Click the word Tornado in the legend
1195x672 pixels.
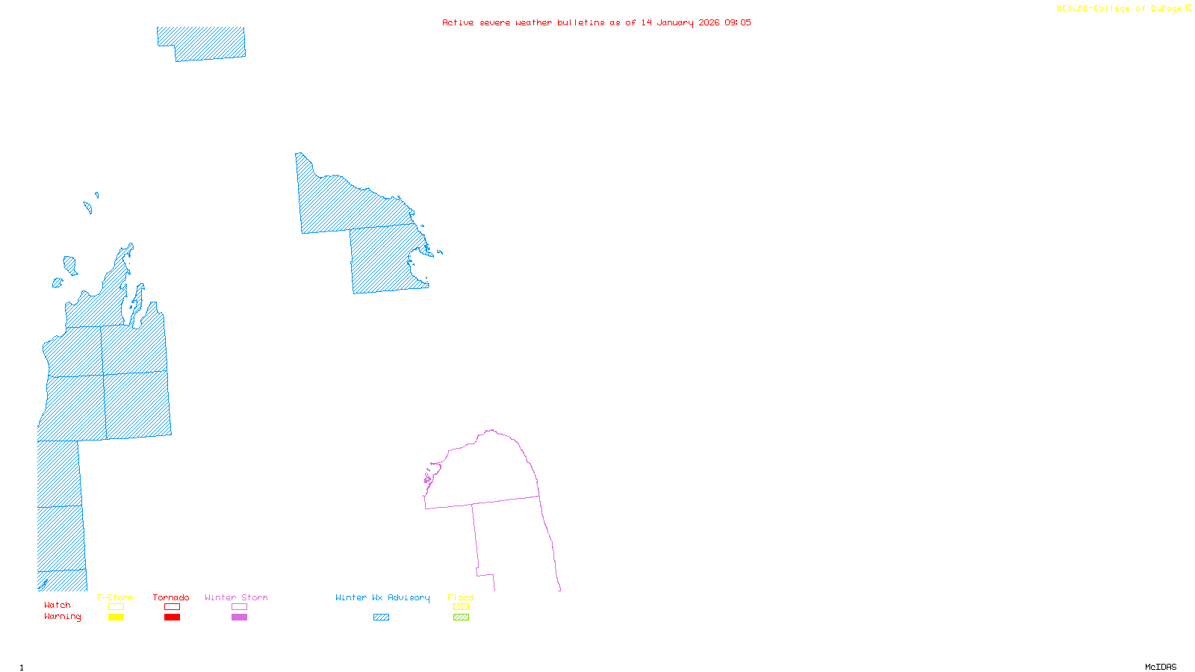click(171, 597)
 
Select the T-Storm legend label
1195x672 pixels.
click(115, 597)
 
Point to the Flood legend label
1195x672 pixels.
click(461, 597)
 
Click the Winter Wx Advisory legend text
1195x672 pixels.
click(382, 597)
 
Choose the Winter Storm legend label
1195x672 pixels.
click(236, 597)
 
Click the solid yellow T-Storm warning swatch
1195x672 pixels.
click(116, 617)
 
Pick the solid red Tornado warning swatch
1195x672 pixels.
click(172, 617)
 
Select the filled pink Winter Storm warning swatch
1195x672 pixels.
click(239, 617)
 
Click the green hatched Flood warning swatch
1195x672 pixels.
click(462, 617)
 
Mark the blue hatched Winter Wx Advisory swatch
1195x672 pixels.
click(381, 617)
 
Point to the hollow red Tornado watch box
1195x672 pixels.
click(172, 607)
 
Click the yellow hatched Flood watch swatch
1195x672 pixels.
click(462, 607)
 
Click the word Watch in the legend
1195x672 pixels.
click(58, 605)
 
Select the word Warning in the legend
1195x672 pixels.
click(62, 617)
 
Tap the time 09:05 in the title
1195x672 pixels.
click(738, 22)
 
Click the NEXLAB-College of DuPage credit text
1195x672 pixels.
click(1120, 9)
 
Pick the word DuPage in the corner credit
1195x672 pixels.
click(1166, 9)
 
